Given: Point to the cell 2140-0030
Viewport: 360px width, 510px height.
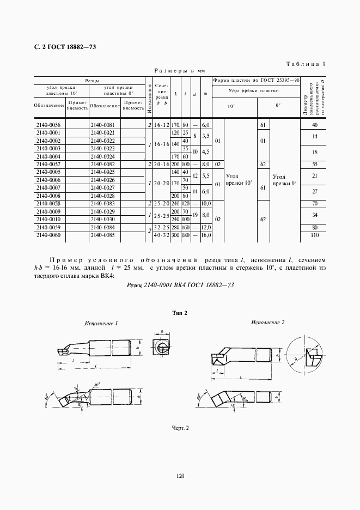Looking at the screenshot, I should coord(103,219).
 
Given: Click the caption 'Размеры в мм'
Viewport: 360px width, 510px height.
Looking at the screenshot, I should coord(179,71).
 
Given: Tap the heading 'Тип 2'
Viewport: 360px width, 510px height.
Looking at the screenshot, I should coord(179,313).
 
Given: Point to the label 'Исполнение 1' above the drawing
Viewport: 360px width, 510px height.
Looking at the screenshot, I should coord(101,324).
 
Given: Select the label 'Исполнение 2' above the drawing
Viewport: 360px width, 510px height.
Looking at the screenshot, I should coord(267,323).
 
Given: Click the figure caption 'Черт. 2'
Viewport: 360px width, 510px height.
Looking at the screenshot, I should coord(179,428).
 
